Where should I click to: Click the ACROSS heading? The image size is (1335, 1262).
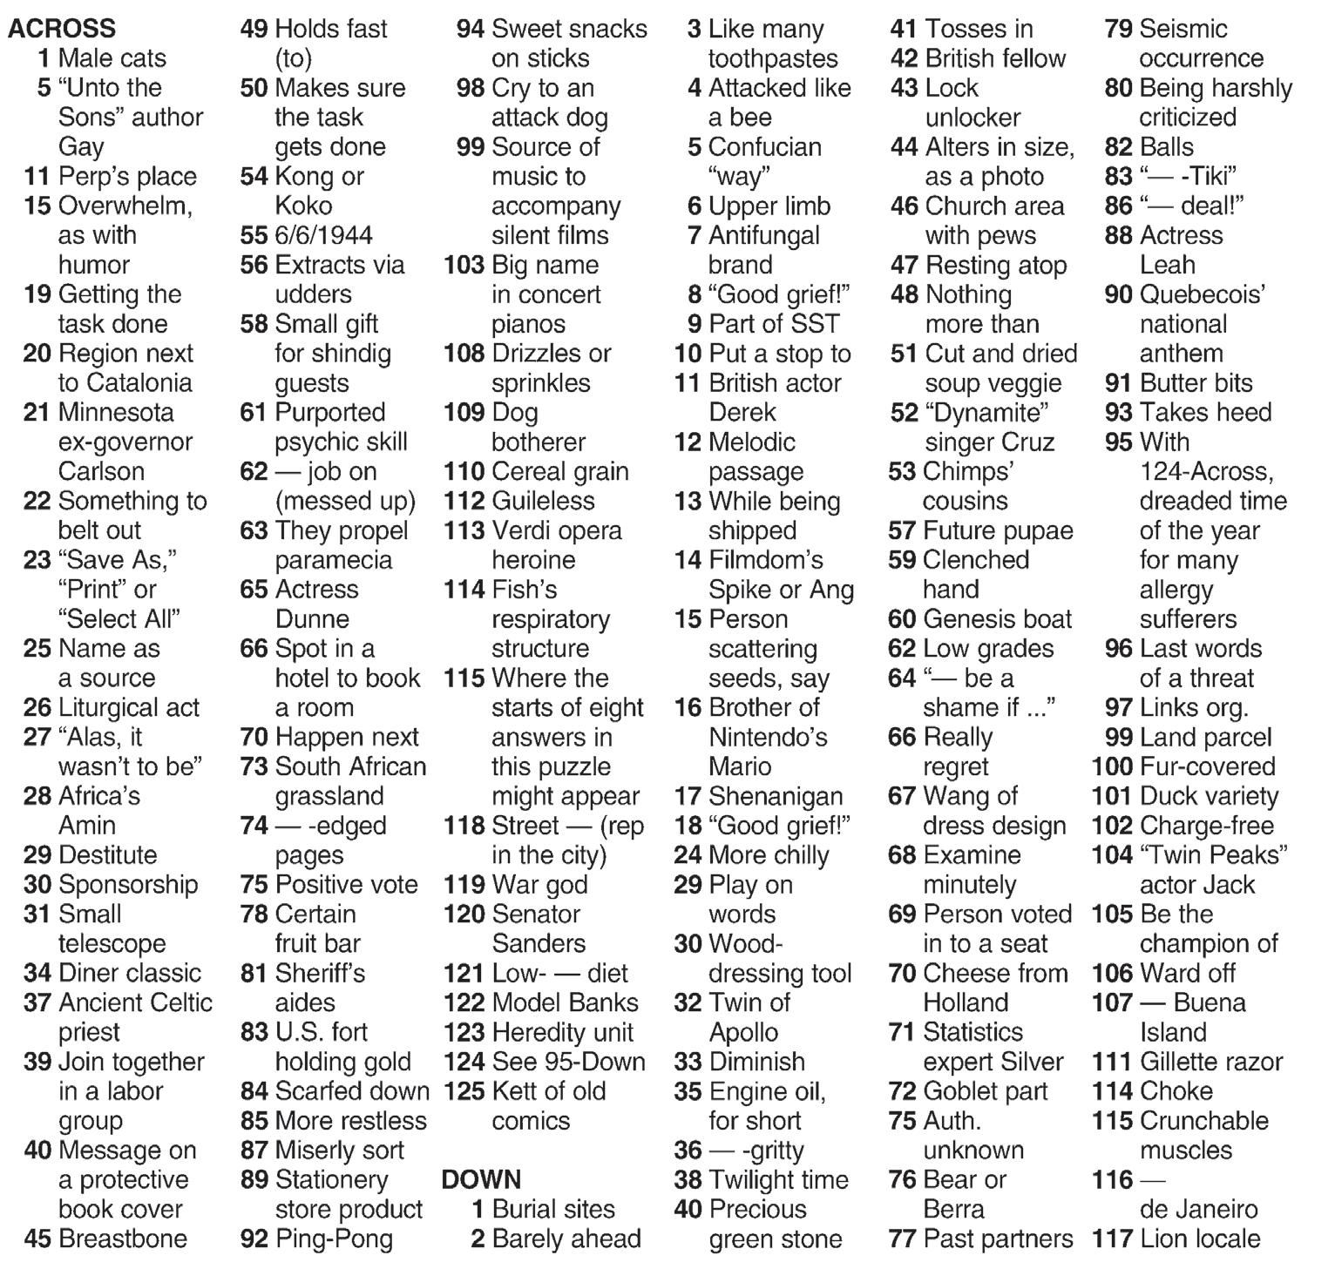pos(62,28)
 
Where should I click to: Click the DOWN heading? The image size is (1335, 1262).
pos(481,1179)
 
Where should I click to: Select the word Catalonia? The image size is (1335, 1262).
pos(137,382)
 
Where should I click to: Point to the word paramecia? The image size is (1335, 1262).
pos(334,559)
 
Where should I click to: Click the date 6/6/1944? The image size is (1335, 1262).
pos(323,235)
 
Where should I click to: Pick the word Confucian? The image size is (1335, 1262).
pos(764,146)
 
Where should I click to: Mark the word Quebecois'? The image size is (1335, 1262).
pos(1203,294)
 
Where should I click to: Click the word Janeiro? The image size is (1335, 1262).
pos(1216,1209)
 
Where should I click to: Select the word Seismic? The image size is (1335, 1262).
pos(1183,29)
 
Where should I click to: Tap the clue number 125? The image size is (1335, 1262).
pos(464,1091)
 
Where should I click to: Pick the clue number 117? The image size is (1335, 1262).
pos(1112,1238)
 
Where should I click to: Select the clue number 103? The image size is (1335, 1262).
pos(464,265)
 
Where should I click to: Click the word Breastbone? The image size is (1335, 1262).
pos(123,1238)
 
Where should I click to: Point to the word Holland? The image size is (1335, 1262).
pos(966,1002)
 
